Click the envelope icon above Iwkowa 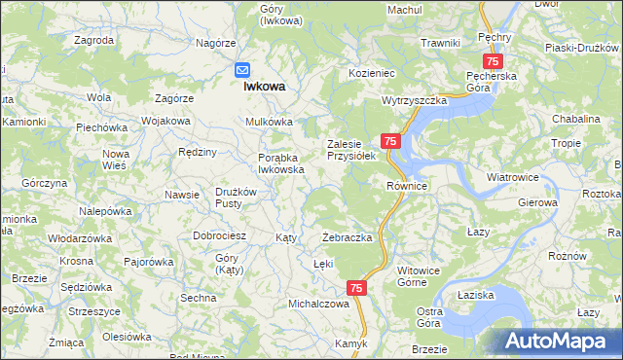click(x=243, y=70)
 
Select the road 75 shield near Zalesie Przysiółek click(x=389, y=141)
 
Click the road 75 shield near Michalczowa click(x=356, y=288)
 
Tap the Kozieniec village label click(x=370, y=73)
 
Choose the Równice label click(x=407, y=186)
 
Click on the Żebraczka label click(x=348, y=238)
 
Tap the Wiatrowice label click(x=513, y=178)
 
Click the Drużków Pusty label click(x=236, y=197)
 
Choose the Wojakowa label click(x=165, y=121)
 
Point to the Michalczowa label click(x=318, y=304)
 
